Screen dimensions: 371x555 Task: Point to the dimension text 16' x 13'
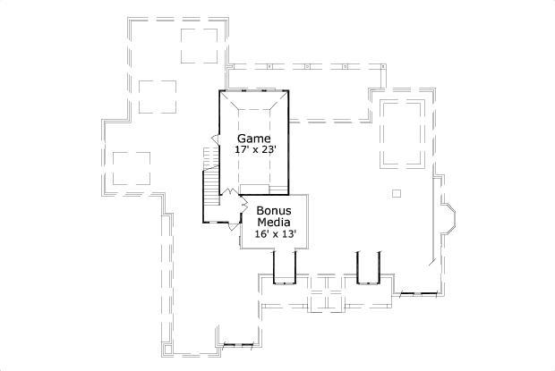pos(274,233)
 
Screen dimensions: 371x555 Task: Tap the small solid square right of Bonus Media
pos(397,193)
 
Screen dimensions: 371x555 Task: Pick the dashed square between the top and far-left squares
pos(157,96)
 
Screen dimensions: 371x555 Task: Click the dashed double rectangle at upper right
pos(402,133)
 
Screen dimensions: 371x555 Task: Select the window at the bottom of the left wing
pos(239,342)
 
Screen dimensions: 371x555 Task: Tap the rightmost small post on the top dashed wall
pos(383,66)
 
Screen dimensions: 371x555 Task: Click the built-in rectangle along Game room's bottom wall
pos(268,188)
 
